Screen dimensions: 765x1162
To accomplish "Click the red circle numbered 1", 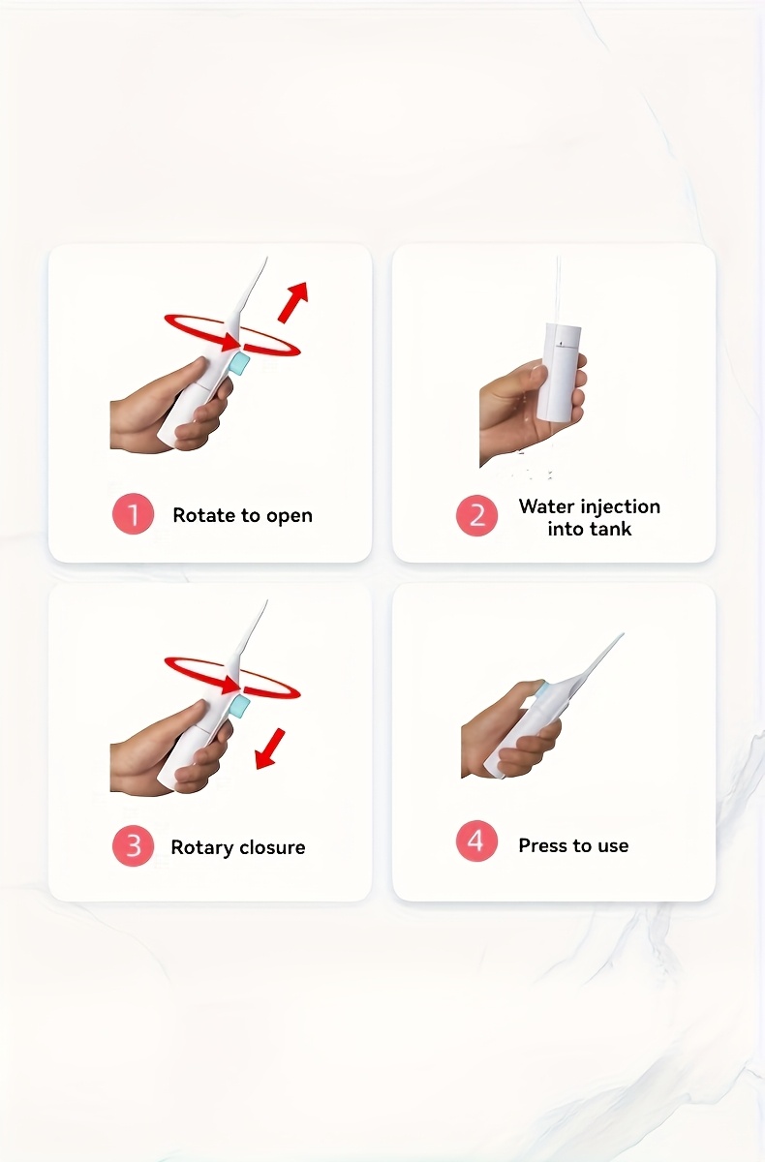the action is [133, 514].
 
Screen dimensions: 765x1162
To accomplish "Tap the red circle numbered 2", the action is [476, 515].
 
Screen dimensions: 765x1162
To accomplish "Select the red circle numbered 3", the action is [133, 846].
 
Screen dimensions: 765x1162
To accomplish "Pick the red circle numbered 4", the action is [476, 841].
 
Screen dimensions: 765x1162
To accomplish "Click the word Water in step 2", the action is [543, 505].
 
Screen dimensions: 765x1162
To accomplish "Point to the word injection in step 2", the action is [617, 507].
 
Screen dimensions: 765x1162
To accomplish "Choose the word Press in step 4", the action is [542, 845].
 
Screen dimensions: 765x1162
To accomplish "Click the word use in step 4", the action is [613, 846].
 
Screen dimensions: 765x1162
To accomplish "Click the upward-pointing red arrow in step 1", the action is [293, 302].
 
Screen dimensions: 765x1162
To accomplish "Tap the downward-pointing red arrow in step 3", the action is [270, 749].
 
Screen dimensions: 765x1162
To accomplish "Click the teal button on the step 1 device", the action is [239, 364].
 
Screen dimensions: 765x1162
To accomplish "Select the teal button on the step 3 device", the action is [239, 707].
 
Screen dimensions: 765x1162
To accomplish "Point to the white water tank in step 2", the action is [558, 372].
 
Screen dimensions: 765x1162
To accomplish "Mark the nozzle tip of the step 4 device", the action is [623, 633].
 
